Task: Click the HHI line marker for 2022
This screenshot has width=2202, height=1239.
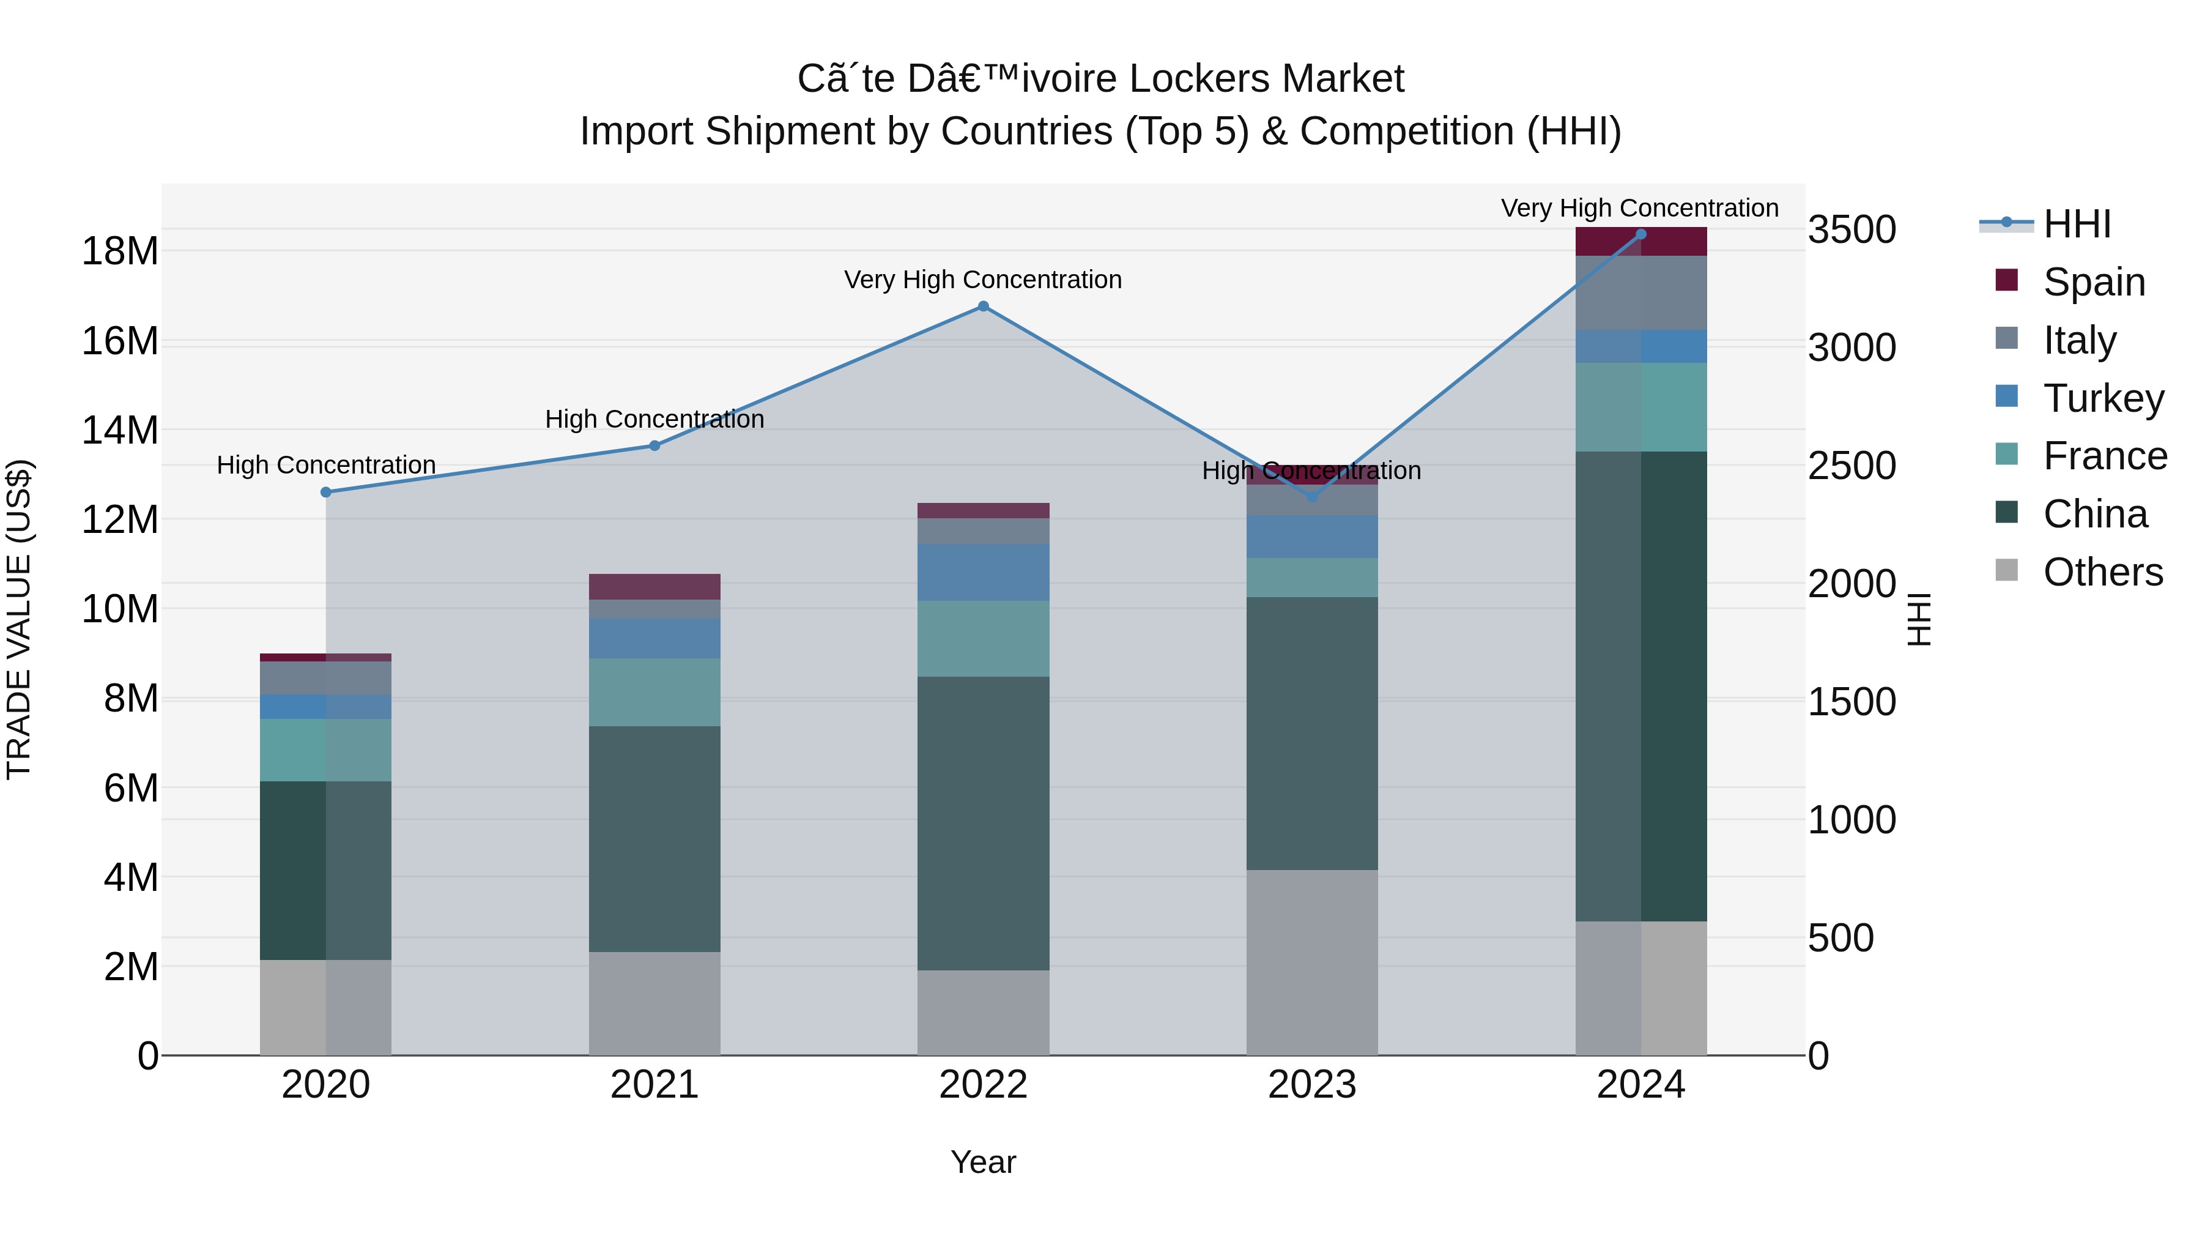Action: (x=983, y=306)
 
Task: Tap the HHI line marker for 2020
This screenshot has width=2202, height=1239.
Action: (x=325, y=493)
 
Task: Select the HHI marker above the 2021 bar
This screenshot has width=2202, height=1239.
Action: (x=654, y=445)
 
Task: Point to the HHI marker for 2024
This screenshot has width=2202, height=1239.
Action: (x=1640, y=234)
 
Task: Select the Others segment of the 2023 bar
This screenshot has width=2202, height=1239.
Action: (x=1311, y=962)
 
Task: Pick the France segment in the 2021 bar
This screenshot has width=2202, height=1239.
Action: (x=654, y=692)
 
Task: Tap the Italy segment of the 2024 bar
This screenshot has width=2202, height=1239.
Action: (x=1640, y=292)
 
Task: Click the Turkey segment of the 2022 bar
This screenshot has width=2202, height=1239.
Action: (x=983, y=572)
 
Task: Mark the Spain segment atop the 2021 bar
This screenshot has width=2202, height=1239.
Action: (x=654, y=587)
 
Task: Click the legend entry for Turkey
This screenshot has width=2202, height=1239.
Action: (x=2103, y=398)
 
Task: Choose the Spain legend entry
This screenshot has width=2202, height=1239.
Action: (x=2094, y=282)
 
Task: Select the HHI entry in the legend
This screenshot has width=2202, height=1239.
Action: (x=2077, y=224)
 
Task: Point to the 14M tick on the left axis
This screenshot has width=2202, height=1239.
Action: (x=120, y=430)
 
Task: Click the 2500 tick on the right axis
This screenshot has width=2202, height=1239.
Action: (x=1852, y=466)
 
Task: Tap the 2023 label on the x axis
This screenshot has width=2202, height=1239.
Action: (x=1311, y=1085)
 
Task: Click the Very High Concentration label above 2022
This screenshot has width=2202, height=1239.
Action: (x=983, y=280)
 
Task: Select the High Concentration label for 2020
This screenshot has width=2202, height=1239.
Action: (x=325, y=465)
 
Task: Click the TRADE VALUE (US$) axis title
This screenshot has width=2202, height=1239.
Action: (x=19, y=620)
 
